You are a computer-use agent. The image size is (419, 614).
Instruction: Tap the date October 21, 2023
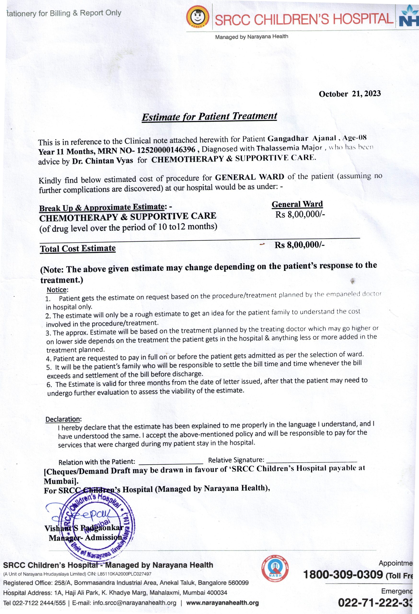click(x=349, y=94)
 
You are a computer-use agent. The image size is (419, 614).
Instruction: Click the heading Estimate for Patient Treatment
click(x=209, y=117)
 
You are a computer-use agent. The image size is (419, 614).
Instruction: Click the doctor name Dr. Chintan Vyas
click(x=102, y=161)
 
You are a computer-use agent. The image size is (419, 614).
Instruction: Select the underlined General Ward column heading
click(x=297, y=204)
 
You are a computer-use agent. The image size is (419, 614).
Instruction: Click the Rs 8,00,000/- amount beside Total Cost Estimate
click(x=299, y=245)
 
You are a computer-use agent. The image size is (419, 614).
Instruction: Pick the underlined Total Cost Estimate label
click(x=78, y=249)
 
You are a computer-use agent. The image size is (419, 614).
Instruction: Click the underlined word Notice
click(x=57, y=290)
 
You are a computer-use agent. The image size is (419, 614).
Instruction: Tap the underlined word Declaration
click(x=63, y=419)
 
